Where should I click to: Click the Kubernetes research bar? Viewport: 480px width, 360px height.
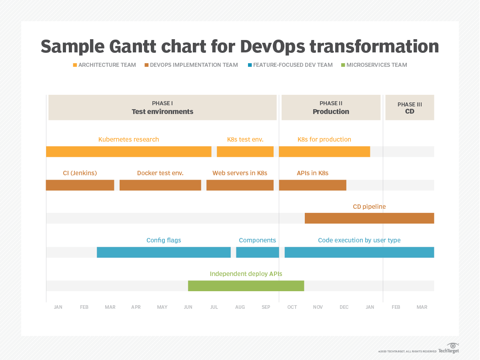pyautogui.click(x=128, y=152)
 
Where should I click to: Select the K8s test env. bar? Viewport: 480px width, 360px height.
pyautogui.click(x=245, y=152)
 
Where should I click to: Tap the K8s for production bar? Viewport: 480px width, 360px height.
pyautogui.click(x=324, y=152)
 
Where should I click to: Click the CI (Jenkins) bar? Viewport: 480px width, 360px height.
pyautogui.click(x=80, y=185)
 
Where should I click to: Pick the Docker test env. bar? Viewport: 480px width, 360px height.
pyautogui.click(x=160, y=185)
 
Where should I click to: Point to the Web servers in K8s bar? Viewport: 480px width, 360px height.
pyautogui.click(x=240, y=185)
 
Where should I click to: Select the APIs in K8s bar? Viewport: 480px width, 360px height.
pyautogui.click(x=312, y=185)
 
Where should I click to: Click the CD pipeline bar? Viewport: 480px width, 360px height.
pyautogui.click(x=369, y=218)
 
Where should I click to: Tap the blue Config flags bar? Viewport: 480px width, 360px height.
pyautogui.click(x=164, y=252)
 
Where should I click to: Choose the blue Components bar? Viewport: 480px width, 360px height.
pyautogui.click(x=257, y=252)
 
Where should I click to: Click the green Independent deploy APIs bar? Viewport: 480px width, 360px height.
pyautogui.click(x=246, y=286)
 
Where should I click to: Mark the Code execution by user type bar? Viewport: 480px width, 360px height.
pyautogui.click(x=359, y=252)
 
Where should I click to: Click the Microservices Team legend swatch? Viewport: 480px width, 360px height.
pyautogui.click(x=343, y=65)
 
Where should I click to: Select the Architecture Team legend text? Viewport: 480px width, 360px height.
pyautogui.click(x=107, y=65)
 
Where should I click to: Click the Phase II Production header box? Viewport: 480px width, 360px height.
pyautogui.click(x=331, y=108)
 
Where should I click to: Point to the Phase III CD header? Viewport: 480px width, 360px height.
pyautogui.click(x=410, y=108)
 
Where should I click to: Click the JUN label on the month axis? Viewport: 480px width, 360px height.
pyautogui.click(x=188, y=307)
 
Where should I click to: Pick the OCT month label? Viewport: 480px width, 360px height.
pyautogui.click(x=292, y=307)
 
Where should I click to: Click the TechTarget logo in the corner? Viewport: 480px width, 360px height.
pyautogui.click(x=449, y=348)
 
